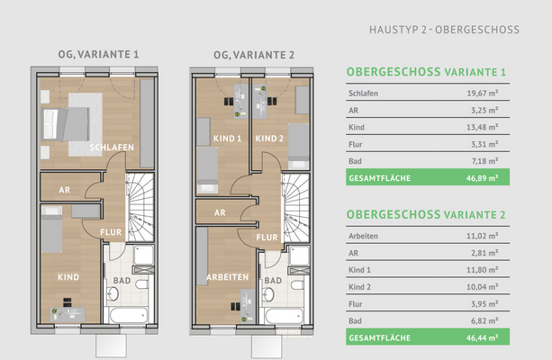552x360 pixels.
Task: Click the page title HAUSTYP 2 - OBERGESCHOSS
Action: point(444,30)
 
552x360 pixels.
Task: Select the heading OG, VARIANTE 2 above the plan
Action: point(254,54)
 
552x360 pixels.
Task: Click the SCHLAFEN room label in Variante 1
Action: point(113,147)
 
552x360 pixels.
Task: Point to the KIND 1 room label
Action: point(227,139)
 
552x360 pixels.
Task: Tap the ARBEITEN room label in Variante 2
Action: point(226,277)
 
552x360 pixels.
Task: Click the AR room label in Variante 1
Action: point(64,191)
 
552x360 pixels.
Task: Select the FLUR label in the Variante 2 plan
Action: point(267,238)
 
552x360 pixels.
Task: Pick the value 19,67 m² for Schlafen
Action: point(483,93)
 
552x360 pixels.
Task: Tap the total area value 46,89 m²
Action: point(483,178)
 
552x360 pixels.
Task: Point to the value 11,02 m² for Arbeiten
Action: point(483,237)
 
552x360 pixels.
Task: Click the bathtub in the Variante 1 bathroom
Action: point(127,316)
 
